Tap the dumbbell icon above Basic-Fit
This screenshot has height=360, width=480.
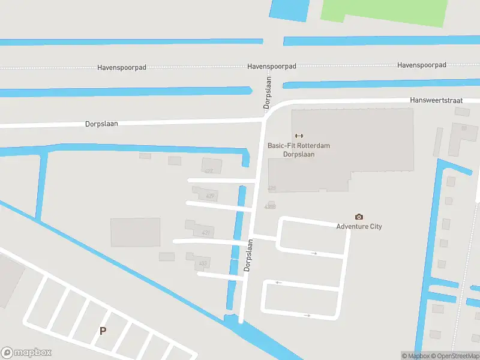[299, 136]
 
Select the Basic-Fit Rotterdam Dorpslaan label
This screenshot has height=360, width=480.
[299, 150]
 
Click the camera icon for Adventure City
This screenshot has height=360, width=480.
[359, 217]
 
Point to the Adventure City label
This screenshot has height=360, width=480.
[359, 226]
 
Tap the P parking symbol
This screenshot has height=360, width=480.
[103, 331]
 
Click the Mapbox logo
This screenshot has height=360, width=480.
[26, 353]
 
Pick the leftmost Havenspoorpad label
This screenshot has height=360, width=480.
[122, 68]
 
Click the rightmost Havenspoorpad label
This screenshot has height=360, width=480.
[422, 65]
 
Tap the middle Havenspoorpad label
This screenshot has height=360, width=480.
[271, 66]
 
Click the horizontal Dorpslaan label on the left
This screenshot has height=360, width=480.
[101, 124]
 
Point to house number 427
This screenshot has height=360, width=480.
[209, 171]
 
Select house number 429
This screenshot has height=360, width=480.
[210, 196]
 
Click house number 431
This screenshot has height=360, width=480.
[206, 233]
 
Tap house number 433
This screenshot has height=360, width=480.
[203, 263]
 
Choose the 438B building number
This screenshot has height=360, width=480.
[269, 207]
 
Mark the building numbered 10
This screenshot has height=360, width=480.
[463, 128]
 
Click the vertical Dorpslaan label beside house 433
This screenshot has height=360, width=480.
[248, 256]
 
